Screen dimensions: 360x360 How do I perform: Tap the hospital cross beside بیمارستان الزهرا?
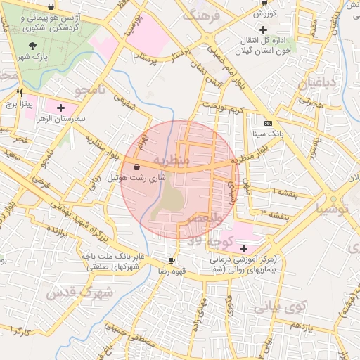(60, 108)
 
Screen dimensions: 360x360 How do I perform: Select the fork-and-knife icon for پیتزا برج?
(20, 92)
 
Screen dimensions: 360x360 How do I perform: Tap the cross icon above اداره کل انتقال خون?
(263, 30)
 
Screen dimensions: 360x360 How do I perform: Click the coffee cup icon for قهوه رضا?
(172, 260)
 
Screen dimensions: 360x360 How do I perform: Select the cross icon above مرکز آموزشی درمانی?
(243, 248)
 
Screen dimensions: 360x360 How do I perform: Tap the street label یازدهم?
(300, 326)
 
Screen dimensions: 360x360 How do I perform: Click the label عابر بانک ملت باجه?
(113, 257)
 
